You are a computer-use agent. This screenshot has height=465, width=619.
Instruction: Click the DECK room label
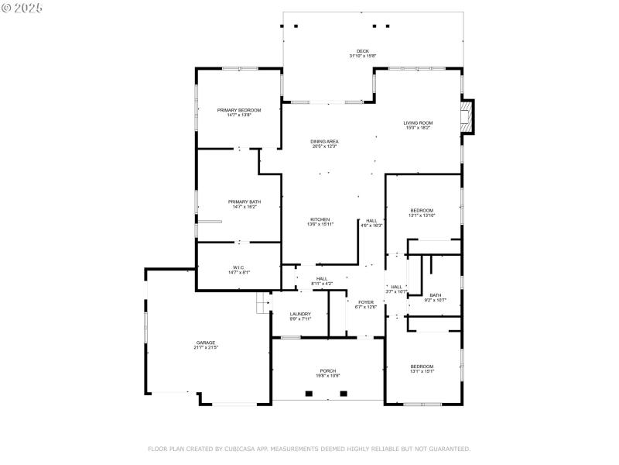coord(362,51)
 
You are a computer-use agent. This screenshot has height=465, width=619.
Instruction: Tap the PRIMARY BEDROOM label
coord(239,110)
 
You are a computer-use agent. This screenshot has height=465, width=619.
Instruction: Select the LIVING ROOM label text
coord(418,123)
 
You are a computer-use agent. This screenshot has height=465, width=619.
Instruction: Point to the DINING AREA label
coord(325,141)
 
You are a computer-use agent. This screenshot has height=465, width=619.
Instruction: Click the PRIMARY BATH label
coord(239,201)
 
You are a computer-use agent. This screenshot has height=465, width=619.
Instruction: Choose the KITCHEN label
coord(320,219)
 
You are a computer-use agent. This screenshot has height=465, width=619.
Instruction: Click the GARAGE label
coord(206,342)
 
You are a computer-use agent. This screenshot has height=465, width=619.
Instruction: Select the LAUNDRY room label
coord(300,314)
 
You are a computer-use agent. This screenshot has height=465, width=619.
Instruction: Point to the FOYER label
coord(366,301)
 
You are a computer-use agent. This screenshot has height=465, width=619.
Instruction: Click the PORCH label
coord(328,370)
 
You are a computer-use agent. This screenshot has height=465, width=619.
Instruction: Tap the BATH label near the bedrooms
coord(436,294)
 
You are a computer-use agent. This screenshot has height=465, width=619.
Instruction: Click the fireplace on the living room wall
coord(467,117)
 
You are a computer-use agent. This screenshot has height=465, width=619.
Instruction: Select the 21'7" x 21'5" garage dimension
coord(206,347)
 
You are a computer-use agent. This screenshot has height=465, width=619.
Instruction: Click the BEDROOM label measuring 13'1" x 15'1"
coord(422,366)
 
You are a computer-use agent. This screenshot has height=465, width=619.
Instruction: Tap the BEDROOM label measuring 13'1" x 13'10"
coord(422,210)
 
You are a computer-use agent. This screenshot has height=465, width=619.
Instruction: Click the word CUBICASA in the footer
coord(240,449)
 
